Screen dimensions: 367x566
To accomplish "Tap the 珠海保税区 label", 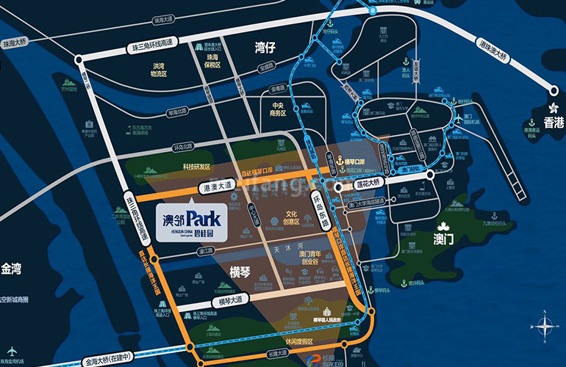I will coord(212,61).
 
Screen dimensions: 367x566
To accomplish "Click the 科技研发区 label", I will coord(196,167).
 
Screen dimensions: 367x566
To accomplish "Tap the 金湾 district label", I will coord(14,269).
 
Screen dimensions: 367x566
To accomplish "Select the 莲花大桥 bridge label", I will coord(366,182).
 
